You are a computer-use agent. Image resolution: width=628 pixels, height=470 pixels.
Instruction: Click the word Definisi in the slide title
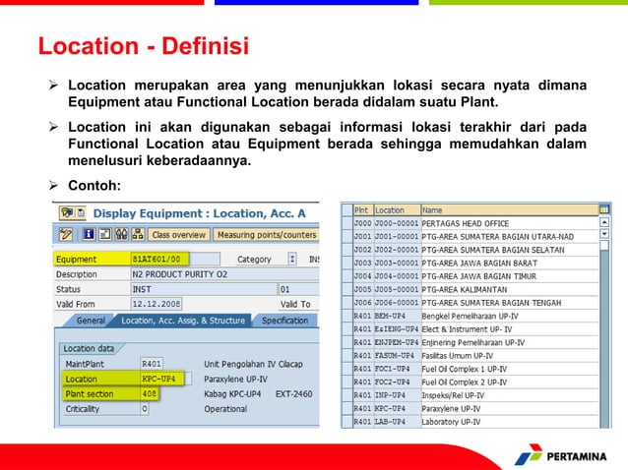click(x=199, y=46)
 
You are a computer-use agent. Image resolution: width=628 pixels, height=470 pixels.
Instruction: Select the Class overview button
click(x=177, y=235)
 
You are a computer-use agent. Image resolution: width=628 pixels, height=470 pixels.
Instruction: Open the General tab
click(x=91, y=321)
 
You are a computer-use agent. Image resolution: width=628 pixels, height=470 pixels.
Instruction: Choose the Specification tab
click(x=284, y=321)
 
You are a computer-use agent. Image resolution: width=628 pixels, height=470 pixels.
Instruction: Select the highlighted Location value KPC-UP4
click(x=158, y=378)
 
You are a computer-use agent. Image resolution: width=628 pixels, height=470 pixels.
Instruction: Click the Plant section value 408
click(x=150, y=392)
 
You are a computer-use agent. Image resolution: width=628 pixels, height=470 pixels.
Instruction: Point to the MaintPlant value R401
click(x=152, y=363)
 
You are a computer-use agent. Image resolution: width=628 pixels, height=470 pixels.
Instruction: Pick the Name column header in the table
click(x=432, y=210)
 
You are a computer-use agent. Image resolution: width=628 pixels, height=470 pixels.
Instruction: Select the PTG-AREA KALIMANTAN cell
click(x=466, y=290)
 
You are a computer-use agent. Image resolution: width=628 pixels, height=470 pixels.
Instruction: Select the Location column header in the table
click(x=390, y=210)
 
